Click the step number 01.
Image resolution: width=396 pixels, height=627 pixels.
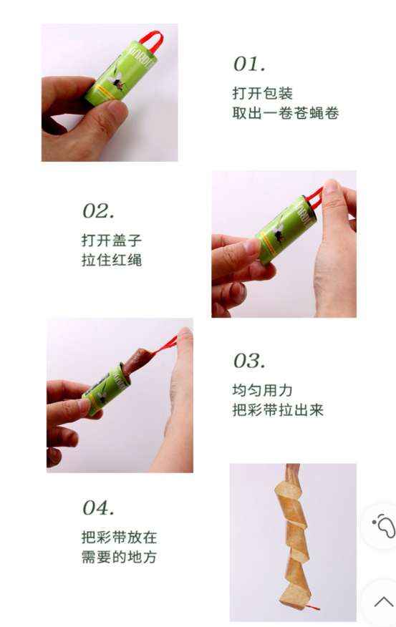(248, 64)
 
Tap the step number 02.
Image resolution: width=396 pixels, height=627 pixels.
(98, 210)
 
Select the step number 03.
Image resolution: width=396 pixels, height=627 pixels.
(248, 361)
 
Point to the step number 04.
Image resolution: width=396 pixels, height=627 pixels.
(98, 507)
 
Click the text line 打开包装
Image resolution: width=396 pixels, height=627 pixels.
(263, 93)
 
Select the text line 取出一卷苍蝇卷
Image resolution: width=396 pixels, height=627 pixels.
(286, 113)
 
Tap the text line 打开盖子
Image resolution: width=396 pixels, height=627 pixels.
(112, 240)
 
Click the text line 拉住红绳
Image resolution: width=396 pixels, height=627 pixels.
(112, 260)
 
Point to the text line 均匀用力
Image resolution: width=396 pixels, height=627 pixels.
(263, 390)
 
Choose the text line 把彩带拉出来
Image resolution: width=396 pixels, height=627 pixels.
(278, 410)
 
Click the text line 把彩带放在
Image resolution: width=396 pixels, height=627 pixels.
(119, 537)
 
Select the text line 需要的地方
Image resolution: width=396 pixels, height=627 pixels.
(119, 557)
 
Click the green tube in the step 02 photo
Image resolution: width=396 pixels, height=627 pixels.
(285, 230)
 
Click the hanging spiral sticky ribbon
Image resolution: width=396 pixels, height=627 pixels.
(294, 536)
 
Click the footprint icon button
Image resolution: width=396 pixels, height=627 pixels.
(383, 525)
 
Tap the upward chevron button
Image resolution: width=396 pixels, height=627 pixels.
(383, 601)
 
